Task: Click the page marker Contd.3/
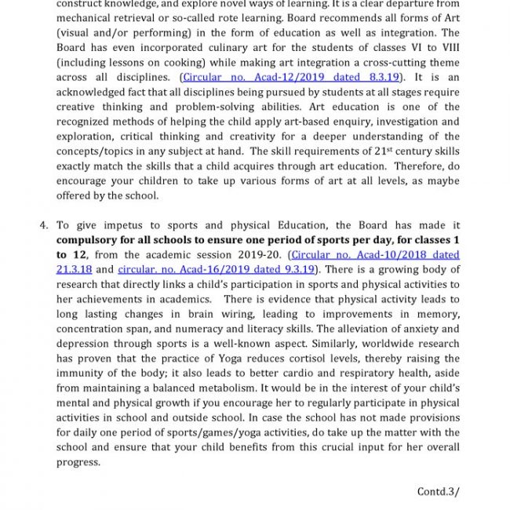pos(438,492)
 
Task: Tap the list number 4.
pos(44,225)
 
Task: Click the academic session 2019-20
pos(261,254)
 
